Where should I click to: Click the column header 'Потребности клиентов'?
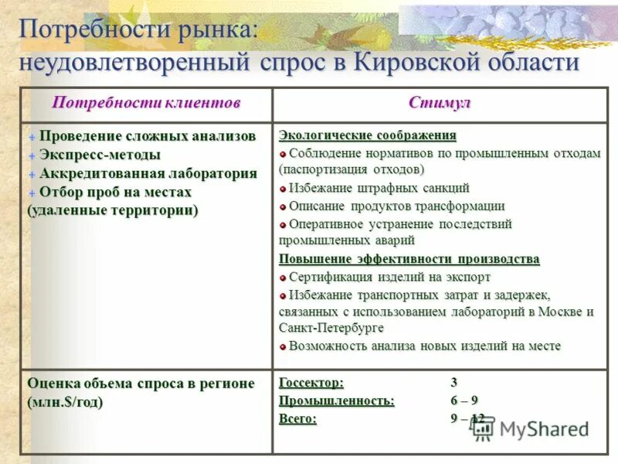point(146,104)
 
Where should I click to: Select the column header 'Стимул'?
point(440,104)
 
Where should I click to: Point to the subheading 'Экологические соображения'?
point(367,135)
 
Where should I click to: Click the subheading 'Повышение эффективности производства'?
point(409,259)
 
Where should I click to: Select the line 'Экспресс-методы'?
point(100,155)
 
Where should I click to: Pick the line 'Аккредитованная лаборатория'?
point(148,173)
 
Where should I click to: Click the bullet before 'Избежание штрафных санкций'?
point(283,188)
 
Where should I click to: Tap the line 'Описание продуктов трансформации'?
point(396,206)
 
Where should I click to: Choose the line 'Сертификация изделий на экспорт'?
point(389,277)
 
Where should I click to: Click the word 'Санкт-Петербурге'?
point(331,328)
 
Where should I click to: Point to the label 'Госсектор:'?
point(311,382)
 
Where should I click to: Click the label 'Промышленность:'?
point(336,401)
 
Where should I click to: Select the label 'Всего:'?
point(297,419)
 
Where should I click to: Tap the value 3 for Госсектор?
point(454,382)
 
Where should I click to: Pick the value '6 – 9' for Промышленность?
point(464,401)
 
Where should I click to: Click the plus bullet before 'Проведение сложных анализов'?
point(32,137)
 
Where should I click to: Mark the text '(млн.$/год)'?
point(65,402)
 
